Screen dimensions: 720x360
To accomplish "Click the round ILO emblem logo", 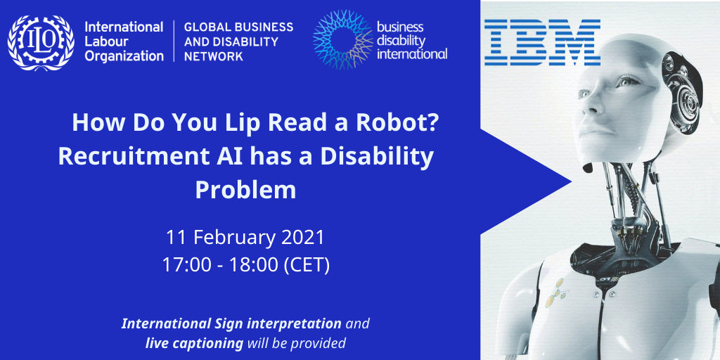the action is coord(41,43).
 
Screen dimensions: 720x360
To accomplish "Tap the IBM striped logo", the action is coord(542,41).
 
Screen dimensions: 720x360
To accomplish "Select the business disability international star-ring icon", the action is coord(342,39).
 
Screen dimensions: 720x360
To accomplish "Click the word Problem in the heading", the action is coord(245,190).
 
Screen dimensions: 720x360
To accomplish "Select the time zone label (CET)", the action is coord(307,266).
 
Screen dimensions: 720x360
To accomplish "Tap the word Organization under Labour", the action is coord(124,56).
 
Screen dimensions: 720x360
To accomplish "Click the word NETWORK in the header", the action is coord(214,56).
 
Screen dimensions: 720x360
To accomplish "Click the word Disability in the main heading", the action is coord(377,157).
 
